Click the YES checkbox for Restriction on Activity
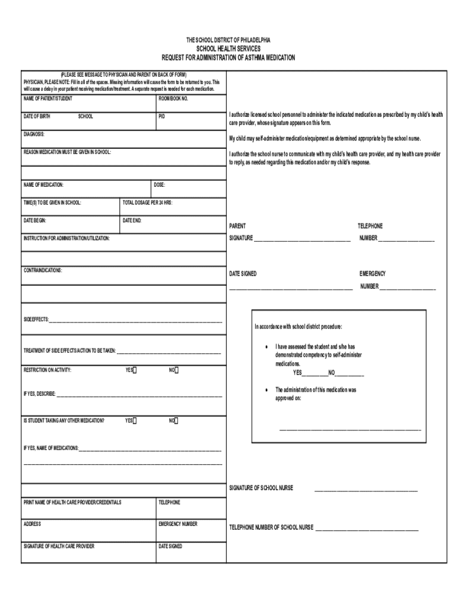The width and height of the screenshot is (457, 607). tap(135, 370)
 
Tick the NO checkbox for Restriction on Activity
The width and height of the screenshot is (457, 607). tap(176, 370)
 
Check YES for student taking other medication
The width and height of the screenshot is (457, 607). tap(135, 421)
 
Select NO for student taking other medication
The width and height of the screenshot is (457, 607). tap(176, 421)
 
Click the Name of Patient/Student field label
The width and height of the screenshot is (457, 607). tap(48, 98)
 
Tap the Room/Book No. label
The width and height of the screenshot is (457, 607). tap(173, 98)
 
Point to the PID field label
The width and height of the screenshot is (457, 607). tap(161, 116)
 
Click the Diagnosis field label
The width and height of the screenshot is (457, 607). tap(34, 135)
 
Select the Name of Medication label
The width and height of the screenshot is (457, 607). tap(43, 185)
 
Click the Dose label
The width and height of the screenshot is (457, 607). tap(160, 185)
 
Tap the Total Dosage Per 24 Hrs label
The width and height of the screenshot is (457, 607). tap(147, 203)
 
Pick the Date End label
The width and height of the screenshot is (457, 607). tap(132, 221)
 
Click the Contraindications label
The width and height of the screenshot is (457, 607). tap(43, 270)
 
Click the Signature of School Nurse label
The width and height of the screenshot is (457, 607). tap(261, 488)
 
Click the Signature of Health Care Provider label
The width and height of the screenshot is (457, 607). tap(59, 546)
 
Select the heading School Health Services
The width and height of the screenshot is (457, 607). tap(228, 49)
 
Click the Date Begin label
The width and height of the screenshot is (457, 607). tap(35, 221)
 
